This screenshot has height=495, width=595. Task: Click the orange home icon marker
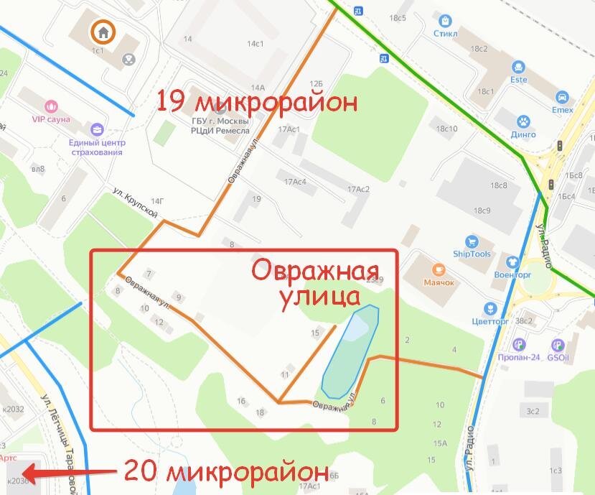(x=103, y=31)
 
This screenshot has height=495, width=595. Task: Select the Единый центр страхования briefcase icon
(x=96, y=129)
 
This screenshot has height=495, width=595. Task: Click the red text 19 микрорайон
(x=257, y=101)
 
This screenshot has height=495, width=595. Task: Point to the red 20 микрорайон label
(x=226, y=472)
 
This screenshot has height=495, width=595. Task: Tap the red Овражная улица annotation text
(x=305, y=283)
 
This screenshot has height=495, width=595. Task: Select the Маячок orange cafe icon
(x=439, y=269)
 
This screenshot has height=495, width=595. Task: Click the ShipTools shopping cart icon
(x=472, y=241)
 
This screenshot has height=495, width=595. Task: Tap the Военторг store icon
(x=512, y=262)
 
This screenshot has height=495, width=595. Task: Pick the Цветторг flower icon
(x=490, y=309)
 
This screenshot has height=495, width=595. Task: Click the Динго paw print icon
(x=524, y=121)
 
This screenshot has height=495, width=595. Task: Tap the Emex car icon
(x=562, y=97)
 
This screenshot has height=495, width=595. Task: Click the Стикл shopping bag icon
(x=446, y=21)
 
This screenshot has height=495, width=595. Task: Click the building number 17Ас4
(x=294, y=182)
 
